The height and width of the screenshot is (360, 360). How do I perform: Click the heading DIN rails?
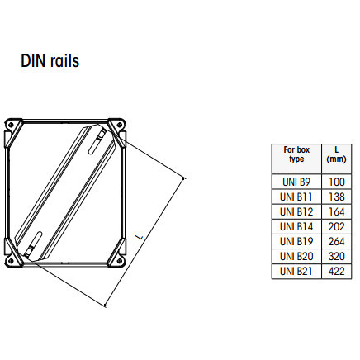pyautogui.click(x=50, y=61)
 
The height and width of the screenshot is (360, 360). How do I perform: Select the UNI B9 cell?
pyautogui.click(x=296, y=182)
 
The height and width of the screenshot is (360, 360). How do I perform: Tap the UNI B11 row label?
pyautogui.click(x=296, y=197)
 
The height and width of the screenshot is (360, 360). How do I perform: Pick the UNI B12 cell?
pyautogui.click(x=296, y=211)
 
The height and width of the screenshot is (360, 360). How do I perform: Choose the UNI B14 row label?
pyautogui.click(x=296, y=226)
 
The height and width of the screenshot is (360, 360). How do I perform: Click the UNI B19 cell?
pyautogui.click(x=296, y=241)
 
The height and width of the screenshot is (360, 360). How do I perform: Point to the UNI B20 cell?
pyautogui.click(x=296, y=256)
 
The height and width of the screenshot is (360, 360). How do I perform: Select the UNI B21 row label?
pyautogui.click(x=296, y=271)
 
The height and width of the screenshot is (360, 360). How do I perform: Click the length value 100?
pyautogui.click(x=337, y=182)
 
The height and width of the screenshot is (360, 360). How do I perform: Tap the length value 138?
pyautogui.click(x=337, y=197)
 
